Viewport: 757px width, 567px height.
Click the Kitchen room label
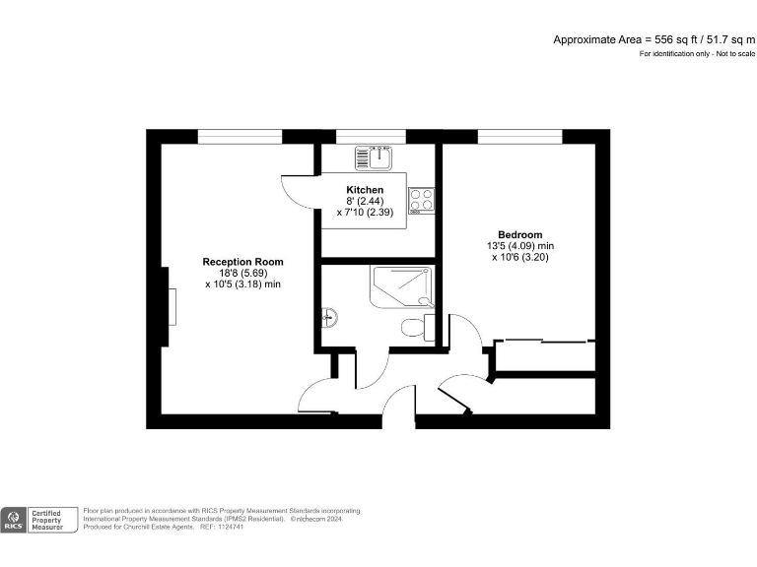pyautogui.click(x=365, y=189)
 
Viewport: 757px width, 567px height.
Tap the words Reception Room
pyautogui.click(x=242, y=261)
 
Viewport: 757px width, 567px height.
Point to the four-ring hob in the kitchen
pyautogui.click(x=423, y=200)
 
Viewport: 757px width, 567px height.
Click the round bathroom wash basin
pyautogui.click(x=329, y=317)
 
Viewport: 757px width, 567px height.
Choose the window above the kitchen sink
pyautogui.click(x=371, y=136)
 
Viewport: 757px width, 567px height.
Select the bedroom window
pyautogui.click(x=519, y=136)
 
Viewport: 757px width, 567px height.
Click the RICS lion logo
pyautogui.click(x=14, y=517)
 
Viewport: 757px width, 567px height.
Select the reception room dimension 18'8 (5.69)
pyautogui.click(x=242, y=273)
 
